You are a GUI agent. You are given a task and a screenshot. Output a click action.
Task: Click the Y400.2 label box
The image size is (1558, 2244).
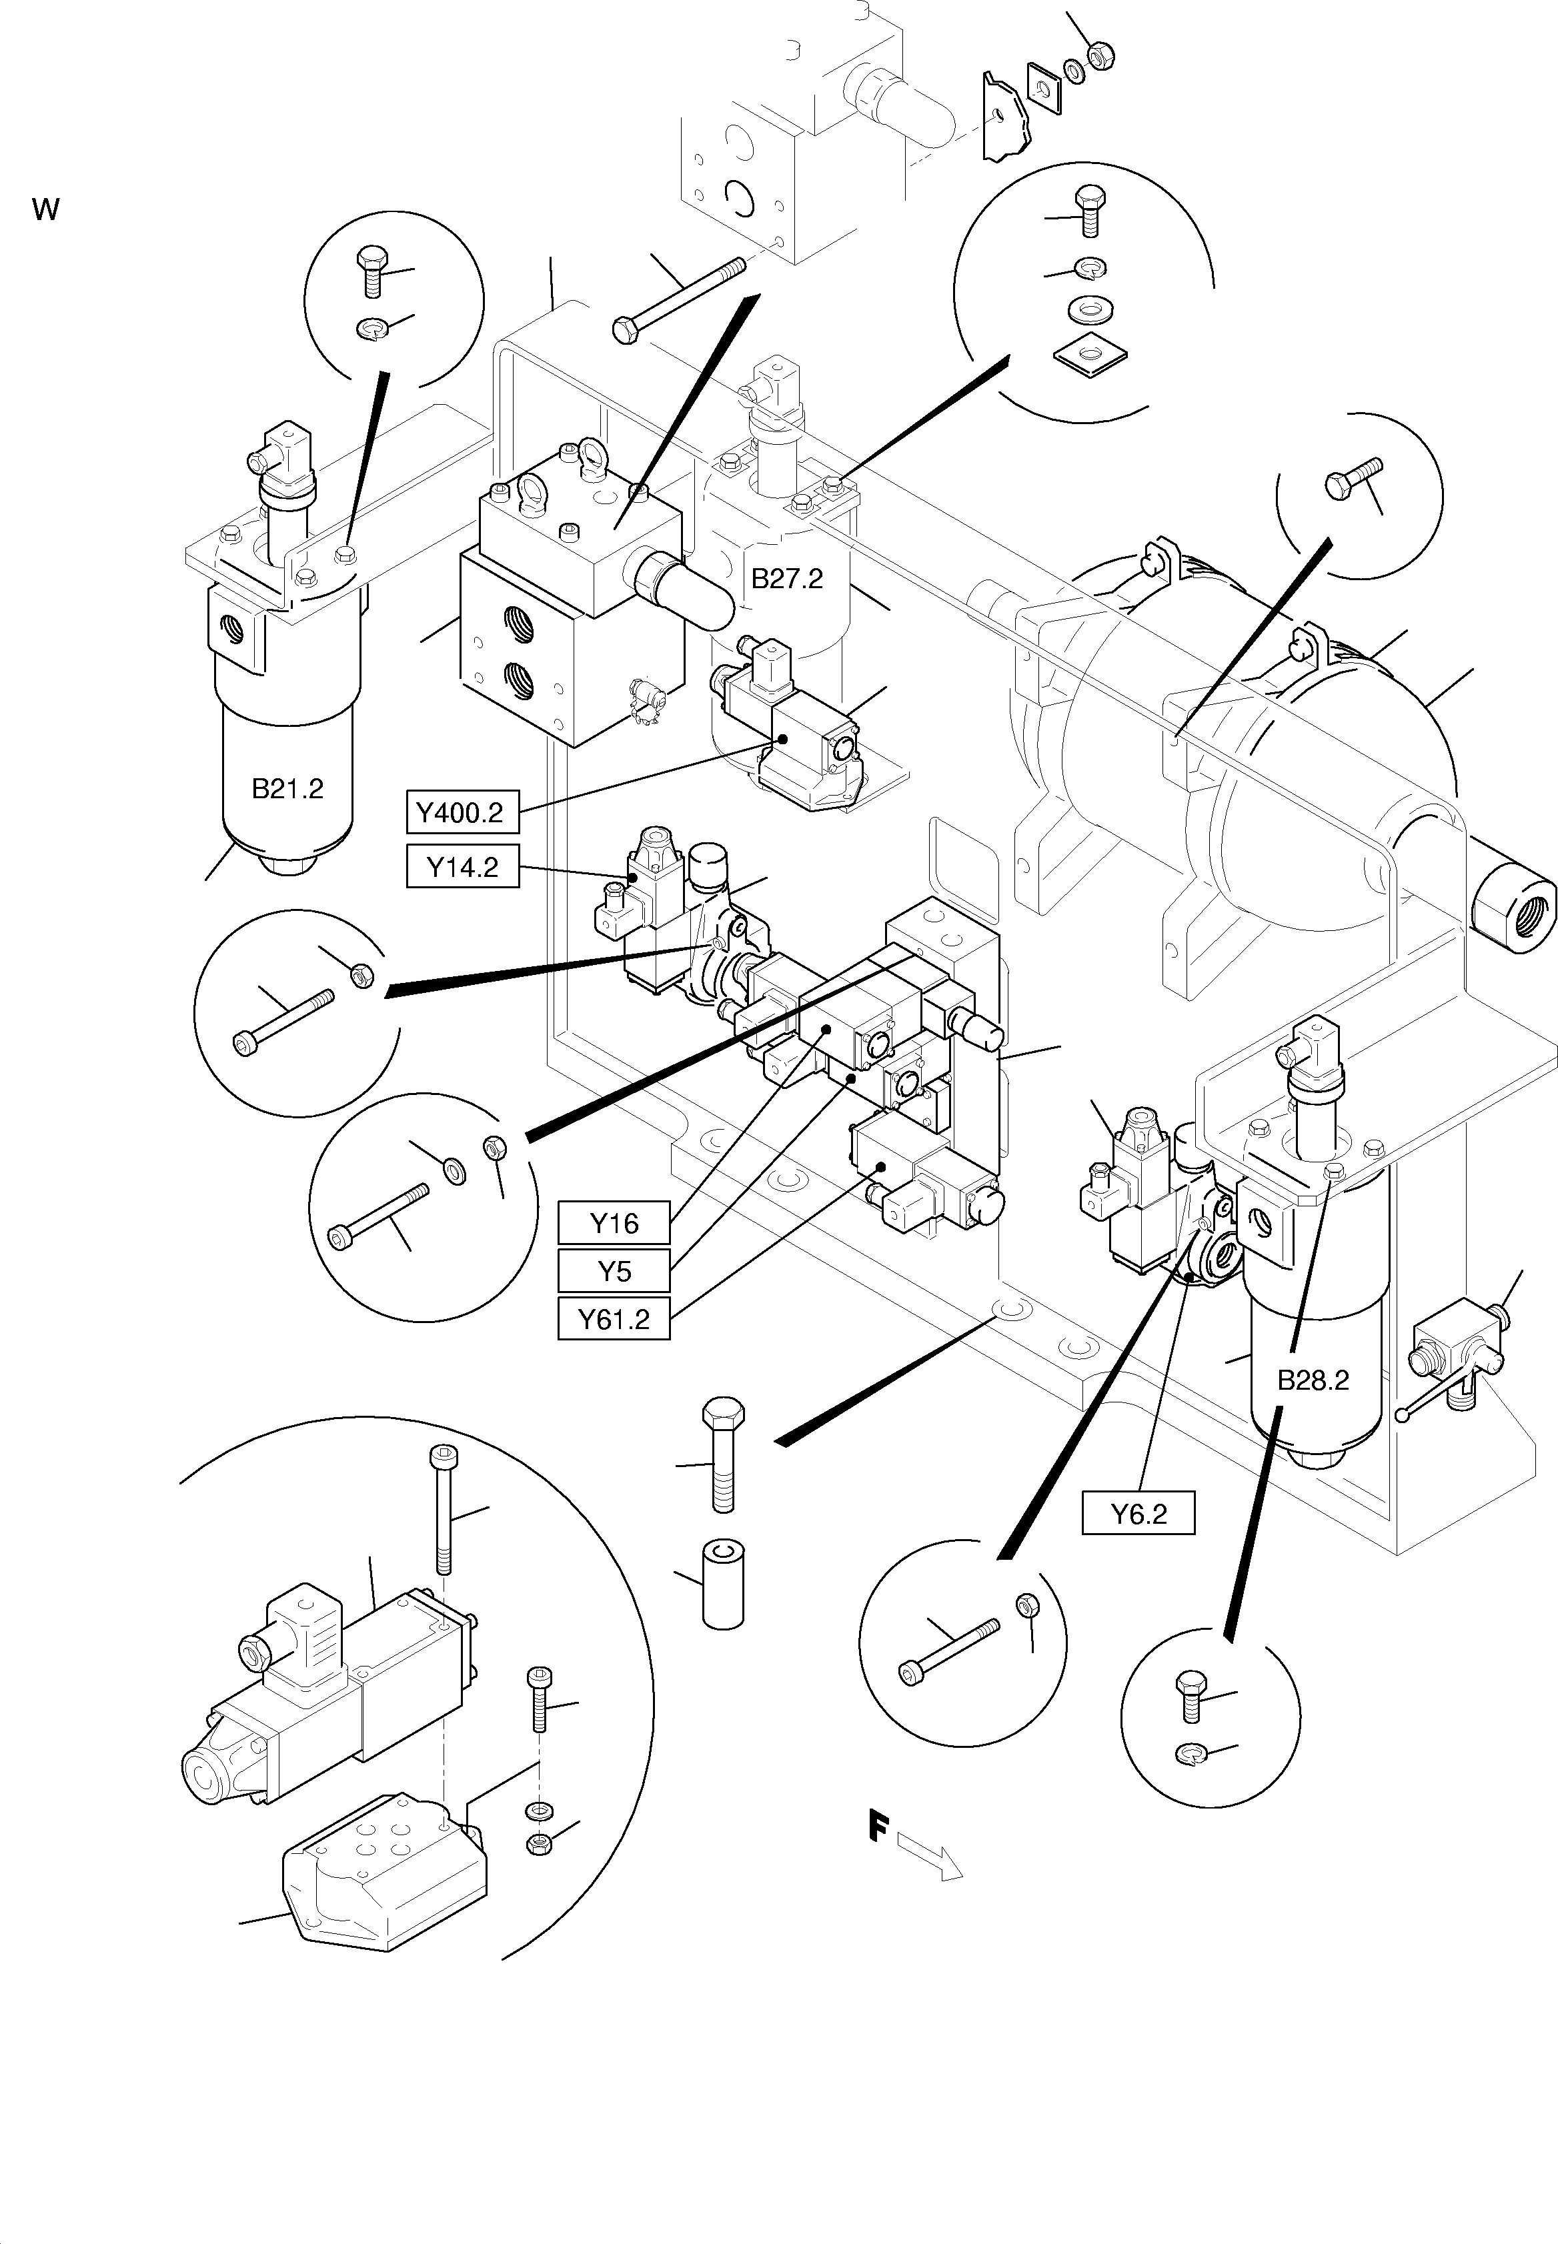(x=462, y=813)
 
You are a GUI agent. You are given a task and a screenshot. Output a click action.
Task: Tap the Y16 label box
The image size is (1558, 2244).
(x=614, y=1223)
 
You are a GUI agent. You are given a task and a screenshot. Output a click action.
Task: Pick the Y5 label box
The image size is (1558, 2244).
(x=614, y=1271)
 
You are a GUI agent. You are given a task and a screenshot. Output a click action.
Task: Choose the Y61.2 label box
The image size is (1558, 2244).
(x=614, y=1320)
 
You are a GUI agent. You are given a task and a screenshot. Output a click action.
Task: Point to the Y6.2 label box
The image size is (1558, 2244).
(x=1138, y=1514)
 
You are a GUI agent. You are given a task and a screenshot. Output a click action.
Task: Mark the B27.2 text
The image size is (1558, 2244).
(x=787, y=579)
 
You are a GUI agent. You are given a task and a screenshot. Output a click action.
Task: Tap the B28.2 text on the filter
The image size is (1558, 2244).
(x=1313, y=1380)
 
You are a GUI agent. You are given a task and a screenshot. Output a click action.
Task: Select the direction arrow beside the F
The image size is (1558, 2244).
(x=930, y=1855)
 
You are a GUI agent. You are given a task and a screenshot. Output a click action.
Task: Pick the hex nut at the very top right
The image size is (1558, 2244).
(x=1100, y=57)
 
